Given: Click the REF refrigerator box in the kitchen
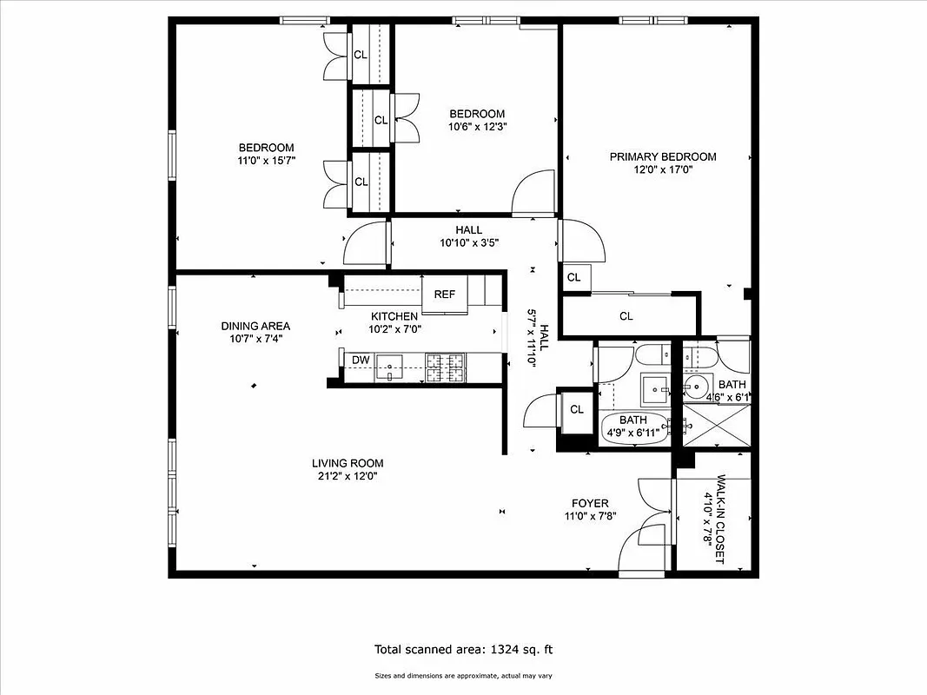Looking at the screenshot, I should (444, 294).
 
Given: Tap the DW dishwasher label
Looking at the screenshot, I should (360, 360).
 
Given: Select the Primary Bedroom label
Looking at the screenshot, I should (662, 156).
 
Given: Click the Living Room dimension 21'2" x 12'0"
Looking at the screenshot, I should (348, 476).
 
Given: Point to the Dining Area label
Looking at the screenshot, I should (255, 326).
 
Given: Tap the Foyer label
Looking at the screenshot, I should (589, 503).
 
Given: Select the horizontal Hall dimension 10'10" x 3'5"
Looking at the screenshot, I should (468, 243).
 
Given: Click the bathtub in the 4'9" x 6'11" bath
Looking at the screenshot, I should (635, 427).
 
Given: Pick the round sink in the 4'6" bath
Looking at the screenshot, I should (695, 385).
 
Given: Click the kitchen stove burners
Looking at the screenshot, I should (445, 367).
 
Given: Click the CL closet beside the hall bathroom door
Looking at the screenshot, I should (575, 409).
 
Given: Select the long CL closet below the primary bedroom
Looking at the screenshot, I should (626, 316).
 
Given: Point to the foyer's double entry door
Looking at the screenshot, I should (644, 530).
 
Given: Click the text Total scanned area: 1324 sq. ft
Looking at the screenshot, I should (463, 649).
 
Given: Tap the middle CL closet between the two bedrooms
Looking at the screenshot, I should (381, 120).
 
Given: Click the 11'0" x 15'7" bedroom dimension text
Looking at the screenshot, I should (267, 161).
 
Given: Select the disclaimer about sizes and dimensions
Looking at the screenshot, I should (463, 675).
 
